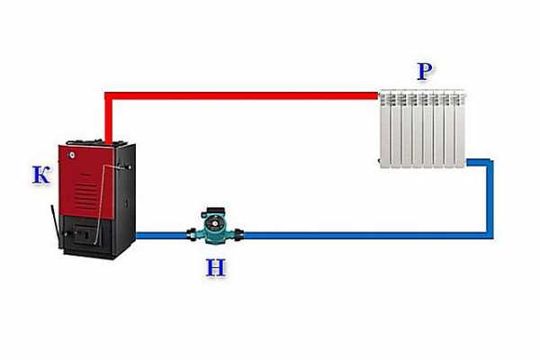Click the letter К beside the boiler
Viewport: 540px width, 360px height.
click(40, 176)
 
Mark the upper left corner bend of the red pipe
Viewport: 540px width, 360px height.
click(109, 94)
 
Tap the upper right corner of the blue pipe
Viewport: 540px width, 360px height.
click(489, 162)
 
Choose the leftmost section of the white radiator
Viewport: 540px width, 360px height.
click(385, 127)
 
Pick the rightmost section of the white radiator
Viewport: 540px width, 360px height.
click(458, 127)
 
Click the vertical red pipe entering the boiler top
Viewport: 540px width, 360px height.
click(109, 121)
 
